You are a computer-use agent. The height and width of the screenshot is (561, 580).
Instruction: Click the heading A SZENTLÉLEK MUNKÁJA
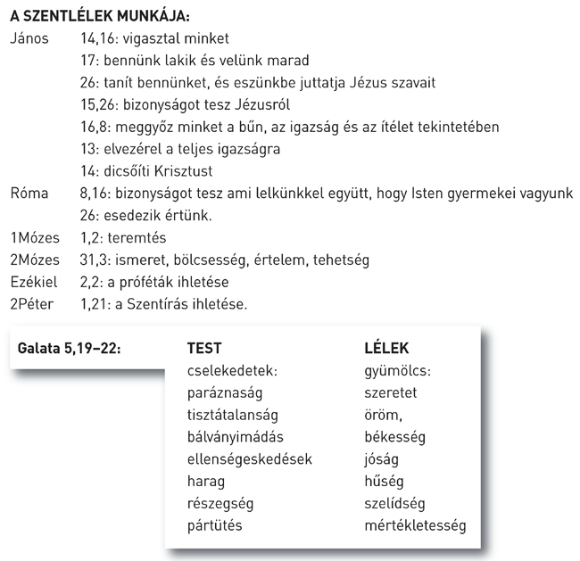pos(100,17)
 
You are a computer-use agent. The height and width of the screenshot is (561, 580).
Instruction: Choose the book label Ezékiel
pos(32,282)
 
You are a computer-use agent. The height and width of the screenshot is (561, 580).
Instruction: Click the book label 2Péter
pos(32,304)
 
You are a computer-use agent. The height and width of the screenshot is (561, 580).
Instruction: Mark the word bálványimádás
pos(234,437)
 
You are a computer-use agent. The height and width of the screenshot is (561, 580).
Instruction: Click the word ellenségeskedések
pos(250,459)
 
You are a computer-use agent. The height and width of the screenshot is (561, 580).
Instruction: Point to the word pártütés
pos(215,526)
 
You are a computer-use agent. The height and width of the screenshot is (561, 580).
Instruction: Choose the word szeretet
pos(392,392)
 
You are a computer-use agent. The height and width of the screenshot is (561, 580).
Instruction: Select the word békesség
pos(395,437)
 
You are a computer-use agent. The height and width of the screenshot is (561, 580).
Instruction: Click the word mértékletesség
pos(415,526)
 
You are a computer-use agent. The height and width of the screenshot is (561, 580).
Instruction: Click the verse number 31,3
pos(95,260)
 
